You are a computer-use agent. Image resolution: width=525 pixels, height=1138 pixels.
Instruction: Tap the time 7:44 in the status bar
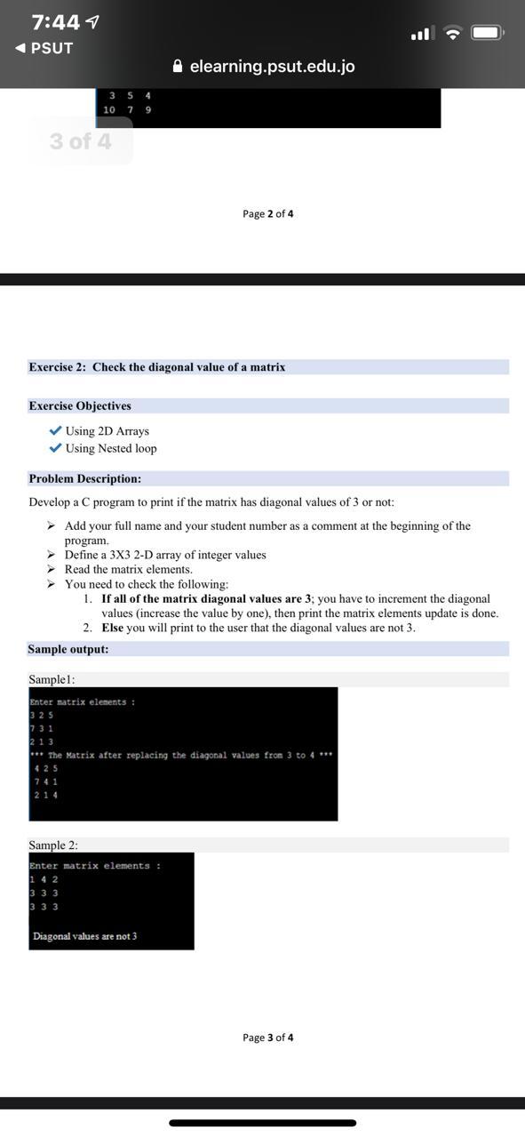tap(56, 21)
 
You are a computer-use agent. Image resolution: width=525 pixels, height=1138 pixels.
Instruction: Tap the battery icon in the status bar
tap(488, 33)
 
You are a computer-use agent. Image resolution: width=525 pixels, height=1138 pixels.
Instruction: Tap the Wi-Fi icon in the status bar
tap(453, 34)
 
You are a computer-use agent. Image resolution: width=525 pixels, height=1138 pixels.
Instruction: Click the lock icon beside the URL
tap(178, 67)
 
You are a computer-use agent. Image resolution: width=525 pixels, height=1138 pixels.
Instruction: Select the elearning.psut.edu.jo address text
tap(272, 67)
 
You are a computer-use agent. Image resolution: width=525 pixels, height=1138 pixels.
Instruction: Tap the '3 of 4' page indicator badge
tap(81, 141)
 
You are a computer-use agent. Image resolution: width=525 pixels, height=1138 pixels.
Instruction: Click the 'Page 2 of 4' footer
tap(267, 213)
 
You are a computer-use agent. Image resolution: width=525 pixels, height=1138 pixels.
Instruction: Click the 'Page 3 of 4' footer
tap(267, 1038)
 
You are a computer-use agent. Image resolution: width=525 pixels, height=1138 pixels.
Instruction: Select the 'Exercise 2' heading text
tap(156, 367)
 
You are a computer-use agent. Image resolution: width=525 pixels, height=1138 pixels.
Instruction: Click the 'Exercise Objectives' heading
tap(80, 406)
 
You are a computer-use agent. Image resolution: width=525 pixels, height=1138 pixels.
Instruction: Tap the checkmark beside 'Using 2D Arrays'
tap(56, 431)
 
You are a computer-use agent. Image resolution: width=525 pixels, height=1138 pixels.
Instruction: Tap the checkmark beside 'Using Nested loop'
tap(56, 448)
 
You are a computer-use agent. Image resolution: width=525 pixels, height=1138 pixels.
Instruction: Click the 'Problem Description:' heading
tap(84, 478)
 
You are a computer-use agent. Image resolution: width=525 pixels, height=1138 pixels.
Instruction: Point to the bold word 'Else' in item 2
tap(112, 628)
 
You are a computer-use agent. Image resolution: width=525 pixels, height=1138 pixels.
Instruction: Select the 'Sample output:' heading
tap(68, 649)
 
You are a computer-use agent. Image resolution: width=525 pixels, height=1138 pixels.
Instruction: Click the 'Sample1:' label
tap(51, 679)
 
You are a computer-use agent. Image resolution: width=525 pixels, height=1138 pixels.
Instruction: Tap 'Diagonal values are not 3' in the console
tap(84, 936)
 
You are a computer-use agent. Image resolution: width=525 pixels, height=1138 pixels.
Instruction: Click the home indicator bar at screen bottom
tap(262, 1123)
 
